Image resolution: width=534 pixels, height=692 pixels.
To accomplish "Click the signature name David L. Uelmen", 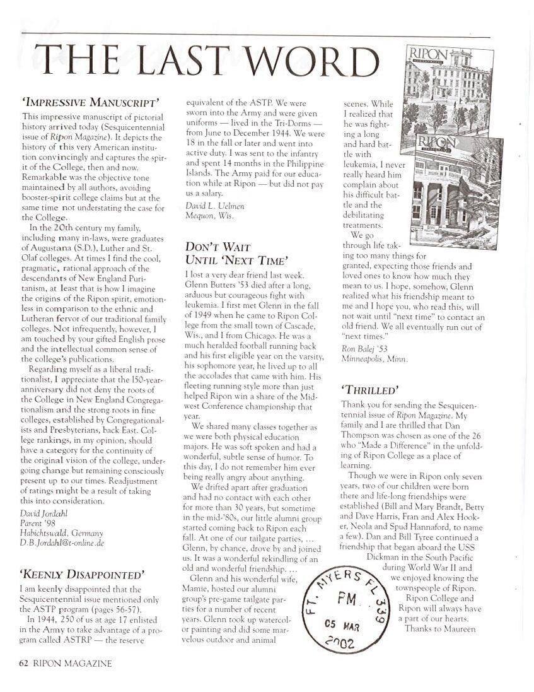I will click(x=214, y=206).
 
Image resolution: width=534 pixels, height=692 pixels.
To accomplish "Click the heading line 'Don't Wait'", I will click(x=218, y=247).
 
